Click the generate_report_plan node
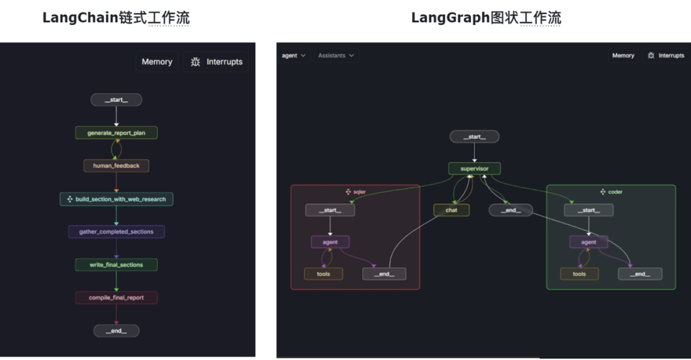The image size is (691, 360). pos(116,133)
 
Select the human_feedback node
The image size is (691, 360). pos(116,165)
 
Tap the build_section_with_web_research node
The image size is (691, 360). pos(116,199)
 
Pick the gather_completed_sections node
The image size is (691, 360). pos(116,232)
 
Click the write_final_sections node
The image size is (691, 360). pos(116,265)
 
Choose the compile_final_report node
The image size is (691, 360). pos(116,298)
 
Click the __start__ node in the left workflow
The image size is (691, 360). pos(116,100)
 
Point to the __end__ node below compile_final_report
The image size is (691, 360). pos(116,331)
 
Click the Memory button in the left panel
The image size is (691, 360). pos(157,62)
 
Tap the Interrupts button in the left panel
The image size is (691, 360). pos(216,62)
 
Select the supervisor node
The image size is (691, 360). pos(474,169)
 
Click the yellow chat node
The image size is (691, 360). pos(451,211)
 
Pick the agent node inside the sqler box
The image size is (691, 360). pos(330,242)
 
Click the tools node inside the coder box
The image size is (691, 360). pos(579,274)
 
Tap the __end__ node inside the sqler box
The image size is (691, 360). pos(384,274)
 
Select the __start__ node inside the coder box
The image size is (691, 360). pos(588,211)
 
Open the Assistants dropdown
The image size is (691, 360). pos(336,56)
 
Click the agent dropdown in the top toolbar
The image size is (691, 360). pos(293,56)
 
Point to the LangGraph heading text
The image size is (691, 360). pos(486,18)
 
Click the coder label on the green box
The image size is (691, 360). pos(615,192)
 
